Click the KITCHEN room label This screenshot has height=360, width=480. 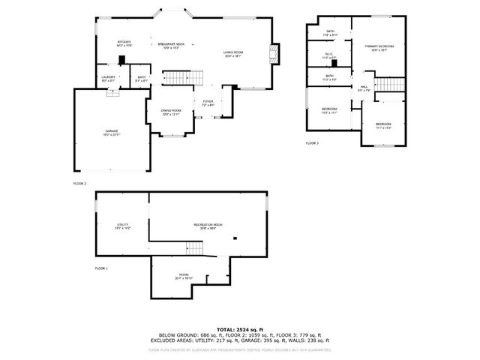point(124,43)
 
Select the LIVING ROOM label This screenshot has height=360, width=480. point(233,53)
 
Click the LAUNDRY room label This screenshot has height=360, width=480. point(109,78)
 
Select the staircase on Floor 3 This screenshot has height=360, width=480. point(388,85)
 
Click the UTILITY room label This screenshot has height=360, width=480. point(122,226)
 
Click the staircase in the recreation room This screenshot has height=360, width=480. point(194,247)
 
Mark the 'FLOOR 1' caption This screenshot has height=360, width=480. point(101,268)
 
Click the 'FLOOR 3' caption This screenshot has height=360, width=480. point(312,142)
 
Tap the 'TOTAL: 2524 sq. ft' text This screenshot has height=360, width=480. point(239,329)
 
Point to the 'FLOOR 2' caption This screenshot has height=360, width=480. point(79,183)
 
